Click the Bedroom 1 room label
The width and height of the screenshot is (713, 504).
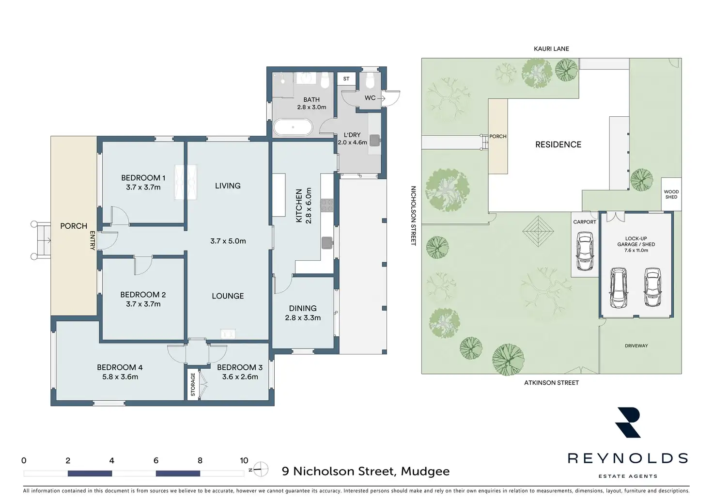[143, 178]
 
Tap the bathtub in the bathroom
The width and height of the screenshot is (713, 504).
[293, 127]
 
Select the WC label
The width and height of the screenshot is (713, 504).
[370, 98]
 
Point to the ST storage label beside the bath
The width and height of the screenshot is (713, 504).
[346, 79]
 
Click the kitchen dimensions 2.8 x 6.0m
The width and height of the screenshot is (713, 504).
[309, 205]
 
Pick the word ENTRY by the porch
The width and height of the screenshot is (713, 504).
[92, 240]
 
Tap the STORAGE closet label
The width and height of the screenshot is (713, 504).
[193, 384]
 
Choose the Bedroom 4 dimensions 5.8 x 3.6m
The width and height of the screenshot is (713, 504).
[120, 377]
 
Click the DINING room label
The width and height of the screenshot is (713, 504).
[303, 308]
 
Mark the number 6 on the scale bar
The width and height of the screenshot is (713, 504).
[156, 460]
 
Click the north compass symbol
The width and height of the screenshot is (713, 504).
[261, 469]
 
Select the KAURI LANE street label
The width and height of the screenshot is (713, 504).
[551, 49]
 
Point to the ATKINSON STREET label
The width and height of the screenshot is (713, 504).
[551, 383]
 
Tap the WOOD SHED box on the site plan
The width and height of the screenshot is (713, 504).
[671, 194]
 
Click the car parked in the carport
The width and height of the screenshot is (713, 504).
[585, 251]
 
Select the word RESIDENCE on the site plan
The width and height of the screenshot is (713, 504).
[558, 144]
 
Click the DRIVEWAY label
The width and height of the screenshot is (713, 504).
[636, 346]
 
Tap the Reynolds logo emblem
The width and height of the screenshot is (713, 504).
[628, 423]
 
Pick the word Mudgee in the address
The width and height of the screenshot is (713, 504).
[425, 472]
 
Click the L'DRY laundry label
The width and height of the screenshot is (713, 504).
[352, 135]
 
